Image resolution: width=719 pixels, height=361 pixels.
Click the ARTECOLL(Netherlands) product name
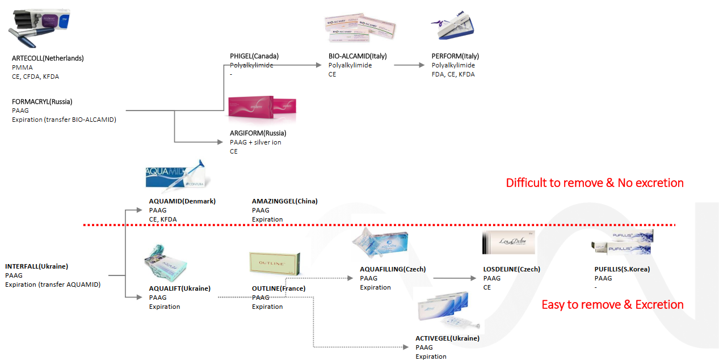(x=48, y=58)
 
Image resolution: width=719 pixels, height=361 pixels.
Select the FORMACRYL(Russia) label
(x=42, y=102)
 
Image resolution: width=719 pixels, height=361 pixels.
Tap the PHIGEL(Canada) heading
(x=254, y=56)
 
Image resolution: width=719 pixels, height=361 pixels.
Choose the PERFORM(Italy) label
(x=455, y=56)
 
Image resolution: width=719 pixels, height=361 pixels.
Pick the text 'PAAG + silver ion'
(x=255, y=142)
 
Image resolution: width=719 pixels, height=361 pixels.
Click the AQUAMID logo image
(x=177, y=175)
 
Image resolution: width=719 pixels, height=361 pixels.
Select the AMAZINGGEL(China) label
(x=285, y=201)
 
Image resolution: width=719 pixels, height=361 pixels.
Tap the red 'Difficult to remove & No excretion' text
(x=595, y=183)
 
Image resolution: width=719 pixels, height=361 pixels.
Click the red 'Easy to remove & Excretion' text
(x=612, y=305)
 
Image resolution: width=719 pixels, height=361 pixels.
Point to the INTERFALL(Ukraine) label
(x=37, y=266)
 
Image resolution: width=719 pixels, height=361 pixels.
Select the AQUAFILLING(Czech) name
(x=393, y=269)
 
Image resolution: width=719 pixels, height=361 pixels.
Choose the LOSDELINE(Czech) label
(x=511, y=269)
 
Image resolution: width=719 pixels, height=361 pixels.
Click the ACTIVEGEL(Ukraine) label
(x=447, y=338)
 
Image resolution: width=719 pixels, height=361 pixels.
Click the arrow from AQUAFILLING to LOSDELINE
(x=455, y=278)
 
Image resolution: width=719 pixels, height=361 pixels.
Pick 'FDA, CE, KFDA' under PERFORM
(x=453, y=74)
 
